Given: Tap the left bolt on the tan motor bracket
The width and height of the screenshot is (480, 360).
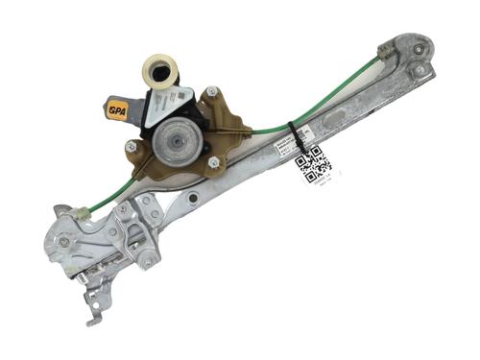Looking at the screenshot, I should tap(132, 146).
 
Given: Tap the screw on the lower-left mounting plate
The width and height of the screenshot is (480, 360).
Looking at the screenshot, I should tap(65, 241).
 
